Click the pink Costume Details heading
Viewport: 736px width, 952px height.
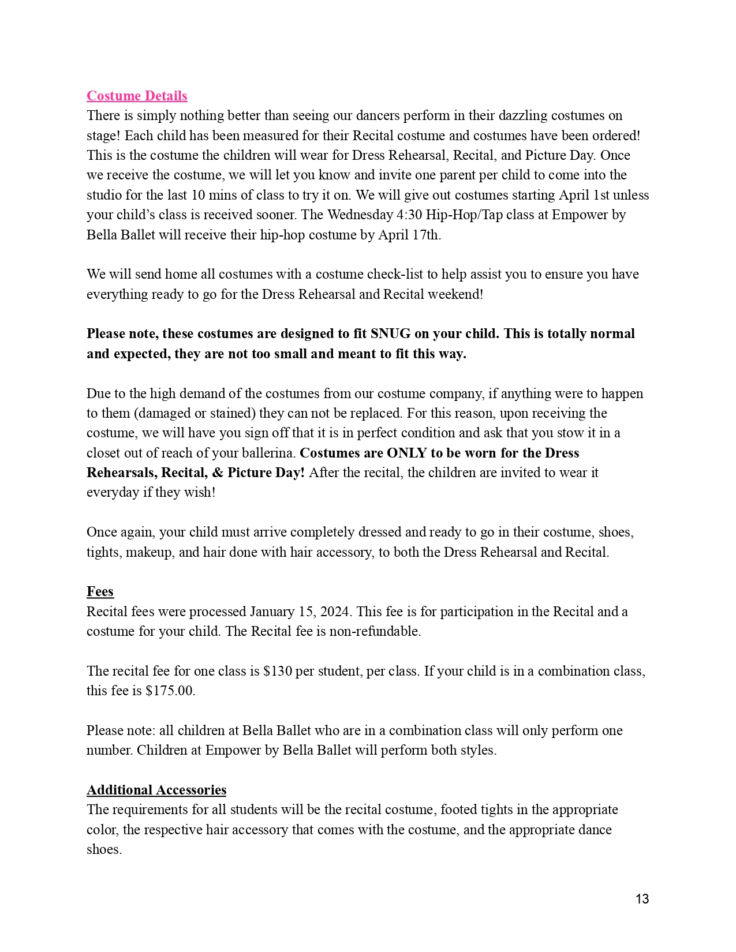(x=137, y=96)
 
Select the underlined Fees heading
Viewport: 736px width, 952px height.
(x=100, y=591)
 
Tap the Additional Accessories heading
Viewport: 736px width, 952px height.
(x=156, y=790)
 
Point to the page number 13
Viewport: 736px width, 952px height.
(x=642, y=899)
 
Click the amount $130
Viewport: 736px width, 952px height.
(x=277, y=671)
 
